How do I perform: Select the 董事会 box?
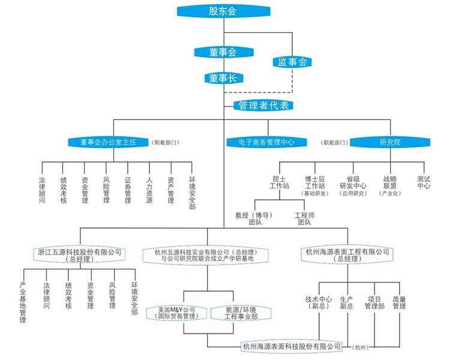tap(223, 52)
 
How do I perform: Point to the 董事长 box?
tap(223, 78)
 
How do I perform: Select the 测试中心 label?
tap(424, 182)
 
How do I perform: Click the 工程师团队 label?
tap(304, 218)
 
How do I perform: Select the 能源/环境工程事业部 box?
tap(241, 313)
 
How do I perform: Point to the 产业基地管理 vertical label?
tap(23, 302)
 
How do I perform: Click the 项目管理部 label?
tap(374, 302)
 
